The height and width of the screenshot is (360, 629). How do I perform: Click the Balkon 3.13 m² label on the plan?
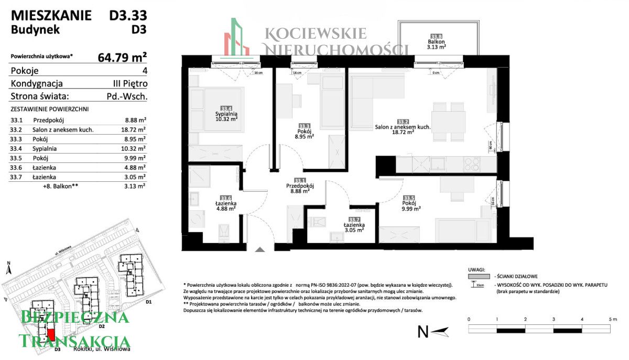click(436, 43)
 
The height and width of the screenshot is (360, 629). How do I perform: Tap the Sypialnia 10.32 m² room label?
click(226, 116)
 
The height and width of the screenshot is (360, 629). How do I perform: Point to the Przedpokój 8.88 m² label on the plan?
click(300, 188)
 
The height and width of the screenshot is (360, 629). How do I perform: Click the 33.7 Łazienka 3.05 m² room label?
click(354, 226)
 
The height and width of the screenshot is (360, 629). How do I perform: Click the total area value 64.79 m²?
click(122, 57)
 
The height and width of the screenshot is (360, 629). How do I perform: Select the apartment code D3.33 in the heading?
click(128, 16)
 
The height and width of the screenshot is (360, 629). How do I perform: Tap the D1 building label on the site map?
click(148, 302)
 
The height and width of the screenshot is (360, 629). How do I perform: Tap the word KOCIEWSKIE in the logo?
click(316, 34)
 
